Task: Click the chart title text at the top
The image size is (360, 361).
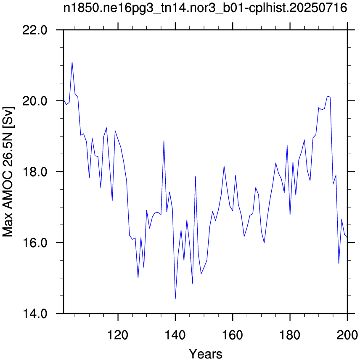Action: tap(205, 8)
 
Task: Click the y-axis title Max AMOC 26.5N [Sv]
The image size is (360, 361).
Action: tap(8, 172)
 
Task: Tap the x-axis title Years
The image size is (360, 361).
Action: tap(206, 353)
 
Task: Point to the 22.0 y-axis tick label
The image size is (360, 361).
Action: tap(35, 30)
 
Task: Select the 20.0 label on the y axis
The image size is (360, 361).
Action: tap(35, 101)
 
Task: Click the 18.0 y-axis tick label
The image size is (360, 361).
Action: tap(35, 172)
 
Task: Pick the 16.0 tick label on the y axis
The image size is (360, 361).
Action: tap(35, 242)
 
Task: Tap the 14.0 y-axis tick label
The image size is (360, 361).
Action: tap(35, 314)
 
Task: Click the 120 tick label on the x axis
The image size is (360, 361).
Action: tap(118, 335)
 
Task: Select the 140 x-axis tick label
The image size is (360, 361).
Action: tap(175, 335)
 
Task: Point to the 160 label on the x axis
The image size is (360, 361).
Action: tap(233, 335)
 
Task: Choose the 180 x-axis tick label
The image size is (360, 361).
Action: tap(290, 335)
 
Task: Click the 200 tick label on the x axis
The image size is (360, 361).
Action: tap(347, 335)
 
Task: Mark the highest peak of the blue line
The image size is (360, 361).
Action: tap(72, 62)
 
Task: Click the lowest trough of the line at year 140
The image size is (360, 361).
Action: tap(175, 299)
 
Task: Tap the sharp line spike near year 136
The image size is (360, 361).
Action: tap(164, 141)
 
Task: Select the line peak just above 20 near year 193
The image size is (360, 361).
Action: tap(327, 96)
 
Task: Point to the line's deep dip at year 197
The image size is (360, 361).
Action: tap(339, 264)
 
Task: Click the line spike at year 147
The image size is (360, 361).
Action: tap(195, 177)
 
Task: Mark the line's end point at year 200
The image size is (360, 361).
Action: tap(347, 237)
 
